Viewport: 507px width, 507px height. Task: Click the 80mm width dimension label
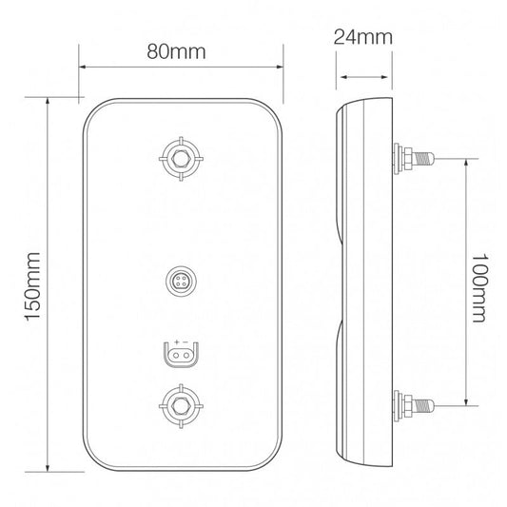[182, 50]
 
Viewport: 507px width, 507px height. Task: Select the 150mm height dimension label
[33, 283]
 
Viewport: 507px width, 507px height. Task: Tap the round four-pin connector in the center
[180, 281]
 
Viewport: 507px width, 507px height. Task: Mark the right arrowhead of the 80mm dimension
[281, 68]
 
